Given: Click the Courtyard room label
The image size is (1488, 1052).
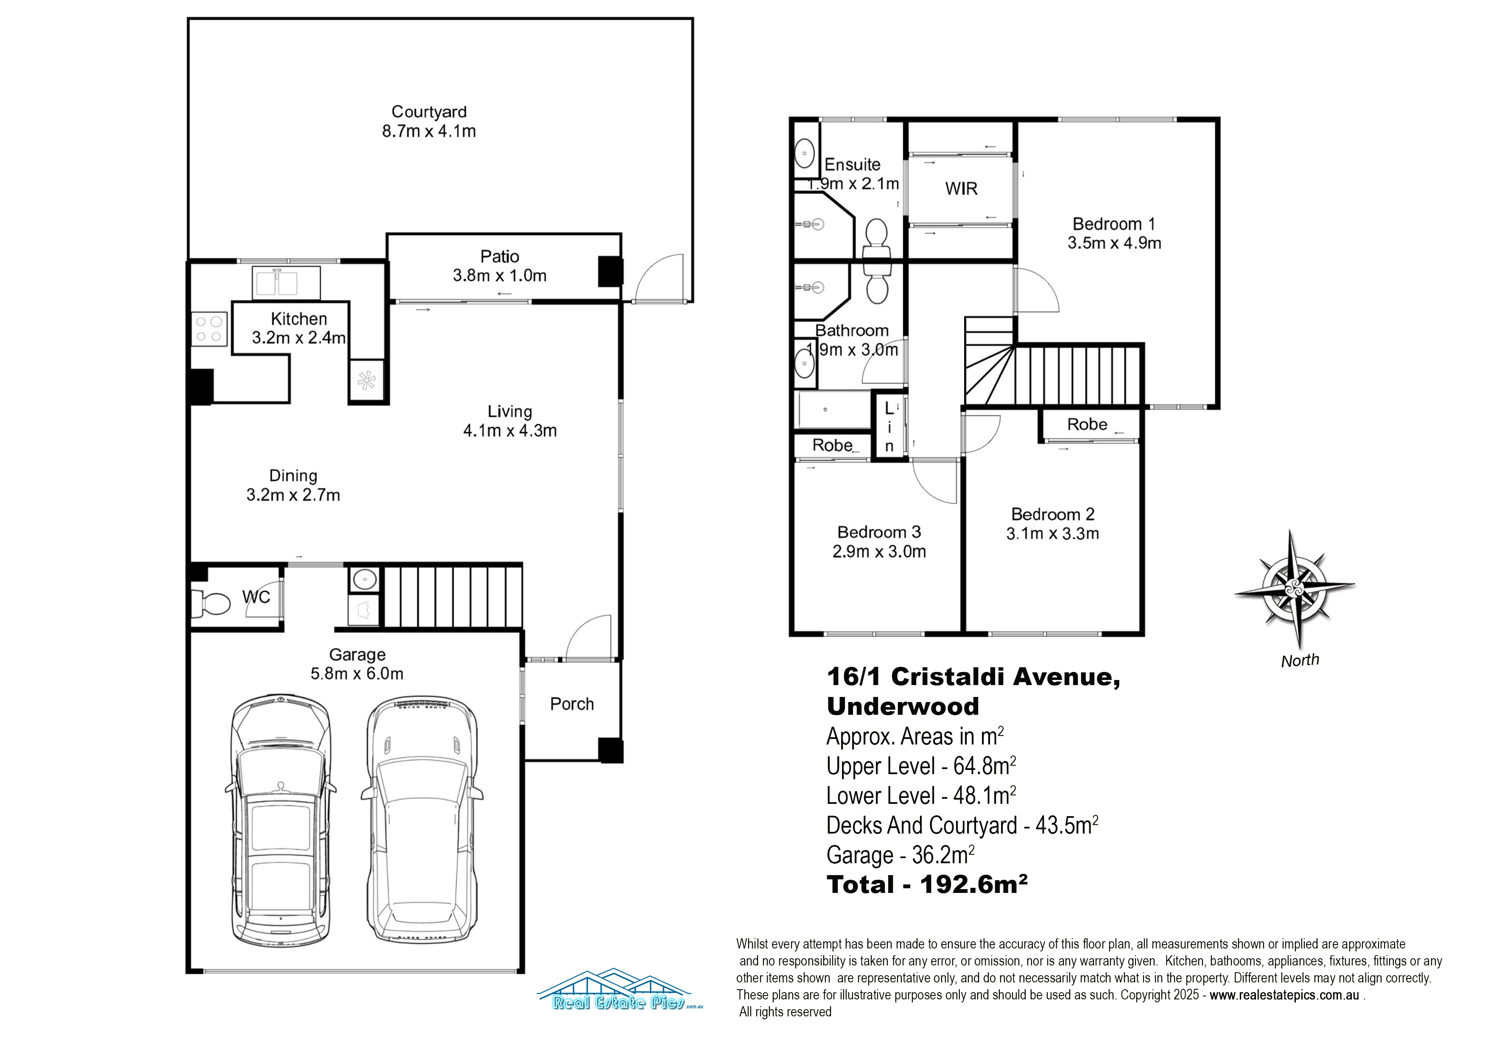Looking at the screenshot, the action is tap(428, 112).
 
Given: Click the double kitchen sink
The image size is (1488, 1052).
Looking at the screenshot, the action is tap(286, 283).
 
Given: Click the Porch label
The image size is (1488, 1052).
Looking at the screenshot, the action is tap(572, 704).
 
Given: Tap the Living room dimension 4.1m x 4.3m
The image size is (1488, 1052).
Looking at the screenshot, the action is tap(509, 431).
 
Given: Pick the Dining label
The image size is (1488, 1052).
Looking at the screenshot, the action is tap(293, 476).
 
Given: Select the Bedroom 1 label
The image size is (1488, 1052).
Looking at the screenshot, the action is tap(1113, 224).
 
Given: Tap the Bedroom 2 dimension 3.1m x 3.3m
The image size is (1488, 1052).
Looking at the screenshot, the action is tap(1052, 534).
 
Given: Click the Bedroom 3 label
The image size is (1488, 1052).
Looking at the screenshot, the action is tap(879, 532).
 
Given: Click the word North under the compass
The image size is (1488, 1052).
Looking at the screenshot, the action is tap(1299, 660).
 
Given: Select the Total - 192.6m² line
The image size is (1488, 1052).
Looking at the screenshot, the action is tap(927, 884).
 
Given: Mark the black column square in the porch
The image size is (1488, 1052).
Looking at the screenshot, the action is tap(610, 750).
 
